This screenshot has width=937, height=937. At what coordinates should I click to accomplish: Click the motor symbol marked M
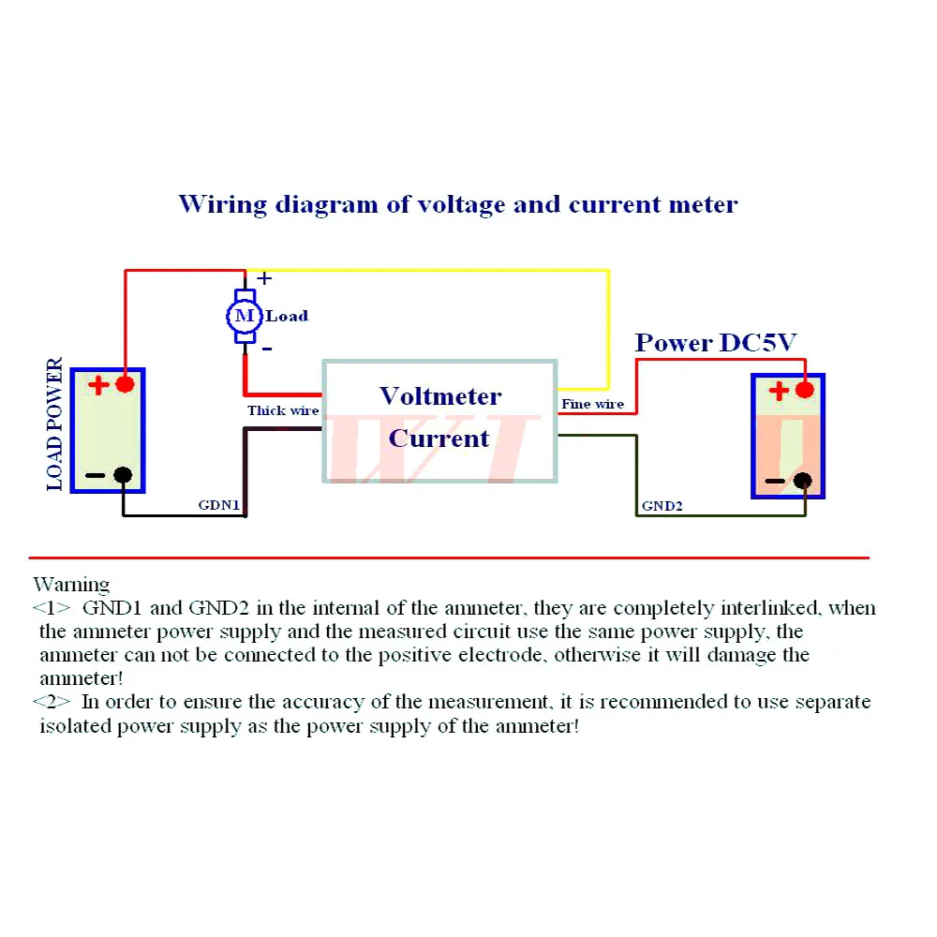(x=244, y=316)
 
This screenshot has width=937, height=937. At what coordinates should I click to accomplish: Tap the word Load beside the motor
(x=287, y=316)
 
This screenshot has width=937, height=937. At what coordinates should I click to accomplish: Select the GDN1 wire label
(x=219, y=506)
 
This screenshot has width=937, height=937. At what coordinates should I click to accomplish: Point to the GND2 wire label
(x=662, y=506)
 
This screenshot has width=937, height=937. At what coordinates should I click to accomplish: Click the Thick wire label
(x=282, y=410)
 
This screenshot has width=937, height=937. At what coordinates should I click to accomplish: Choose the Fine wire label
(x=592, y=404)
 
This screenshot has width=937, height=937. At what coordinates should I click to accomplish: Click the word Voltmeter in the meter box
(x=440, y=395)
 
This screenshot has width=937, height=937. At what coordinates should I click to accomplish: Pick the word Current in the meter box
(x=439, y=438)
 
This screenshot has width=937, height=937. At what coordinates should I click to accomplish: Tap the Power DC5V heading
(x=715, y=343)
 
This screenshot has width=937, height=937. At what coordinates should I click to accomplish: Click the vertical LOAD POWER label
(x=55, y=424)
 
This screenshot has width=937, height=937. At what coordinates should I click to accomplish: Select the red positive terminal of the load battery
(x=124, y=383)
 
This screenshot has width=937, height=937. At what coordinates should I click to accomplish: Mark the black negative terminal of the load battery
(x=123, y=475)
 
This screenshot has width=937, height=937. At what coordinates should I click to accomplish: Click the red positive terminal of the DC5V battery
(x=803, y=390)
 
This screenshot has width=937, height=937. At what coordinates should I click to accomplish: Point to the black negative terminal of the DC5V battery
(x=802, y=481)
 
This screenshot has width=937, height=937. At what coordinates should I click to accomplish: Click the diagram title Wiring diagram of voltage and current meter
(x=457, y=203)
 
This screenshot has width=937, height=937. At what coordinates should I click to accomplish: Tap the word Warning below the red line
(x=71, y=586)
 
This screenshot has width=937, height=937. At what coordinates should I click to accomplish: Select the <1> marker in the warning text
(x=52, y=608)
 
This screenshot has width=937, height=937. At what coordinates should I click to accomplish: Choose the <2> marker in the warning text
(x=52, y=702)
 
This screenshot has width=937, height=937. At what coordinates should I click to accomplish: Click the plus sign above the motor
(x=265, y=277)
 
